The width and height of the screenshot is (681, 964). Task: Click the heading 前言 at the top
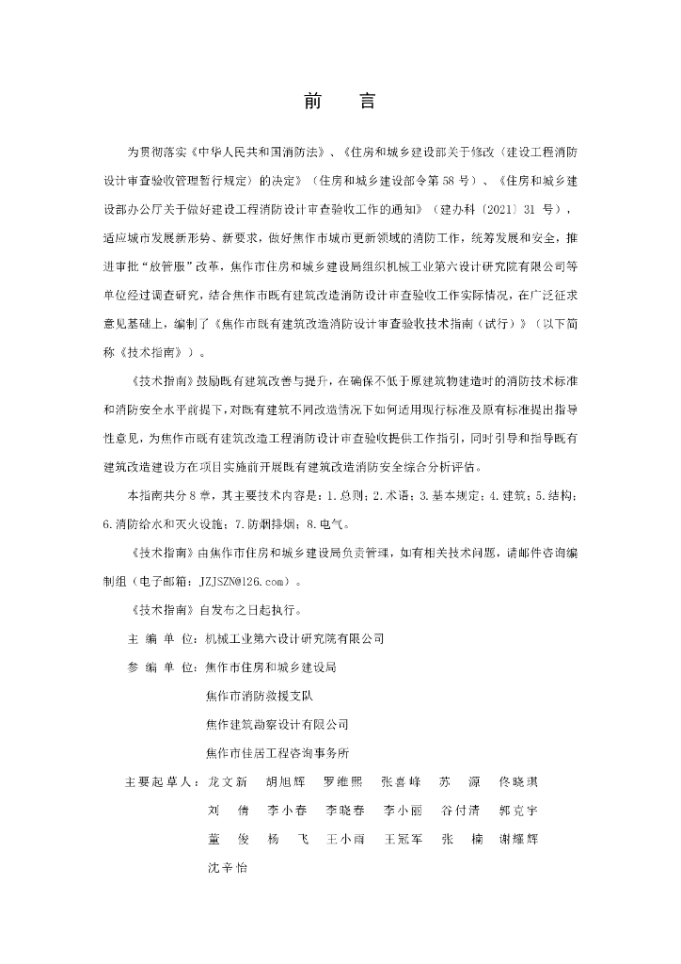[340, 103]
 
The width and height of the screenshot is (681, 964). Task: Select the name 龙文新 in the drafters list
[227, 782]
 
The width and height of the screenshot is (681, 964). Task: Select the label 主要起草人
[161, 782]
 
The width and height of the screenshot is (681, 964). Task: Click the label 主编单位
[161, 638]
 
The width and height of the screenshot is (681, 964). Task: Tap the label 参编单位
[161, 667]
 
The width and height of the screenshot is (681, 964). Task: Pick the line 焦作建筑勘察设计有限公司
[277, 725]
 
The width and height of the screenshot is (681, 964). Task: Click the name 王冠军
[402, 839]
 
